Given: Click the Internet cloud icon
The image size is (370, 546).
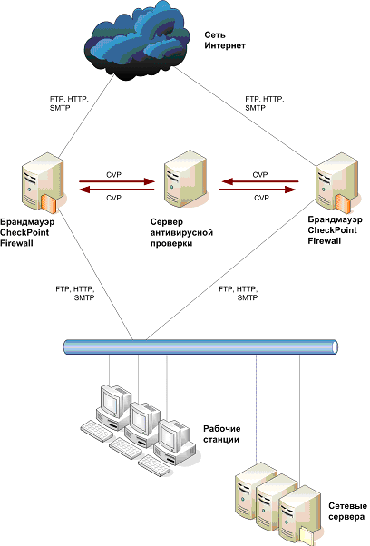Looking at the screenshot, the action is click(x=138, y=41).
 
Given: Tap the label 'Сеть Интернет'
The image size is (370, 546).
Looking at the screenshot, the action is click(x=225, y=41).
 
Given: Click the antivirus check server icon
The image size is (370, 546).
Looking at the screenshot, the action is click(x=186, y=179).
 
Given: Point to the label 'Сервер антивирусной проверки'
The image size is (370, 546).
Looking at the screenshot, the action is click(x=181, y=232).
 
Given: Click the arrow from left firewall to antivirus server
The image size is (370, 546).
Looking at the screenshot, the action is click(x=117, y=181).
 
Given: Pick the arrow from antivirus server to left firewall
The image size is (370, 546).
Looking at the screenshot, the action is click(x=117, y=190).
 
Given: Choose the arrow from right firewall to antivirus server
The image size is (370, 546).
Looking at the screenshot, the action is click(x=260, y=181).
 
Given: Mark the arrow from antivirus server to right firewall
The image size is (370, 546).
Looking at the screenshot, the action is click(x=258, y=190).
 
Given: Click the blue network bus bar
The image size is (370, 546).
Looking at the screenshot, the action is click(x=200, y=347).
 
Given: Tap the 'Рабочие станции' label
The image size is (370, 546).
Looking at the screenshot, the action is click(x=221, y=434).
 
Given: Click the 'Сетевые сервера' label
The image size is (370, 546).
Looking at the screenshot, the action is click(x=347, y=512).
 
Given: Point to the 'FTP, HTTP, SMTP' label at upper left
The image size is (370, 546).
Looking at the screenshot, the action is click(x=69, y=103).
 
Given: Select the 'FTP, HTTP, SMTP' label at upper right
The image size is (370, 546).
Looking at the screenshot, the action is click(x=265, y=103).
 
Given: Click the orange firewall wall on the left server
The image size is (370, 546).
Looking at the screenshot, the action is click(x=48, y=204).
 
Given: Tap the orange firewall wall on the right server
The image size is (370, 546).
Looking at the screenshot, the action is click(x=343, y=204).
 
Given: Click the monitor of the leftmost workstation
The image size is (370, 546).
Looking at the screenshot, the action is click(x=115, y=401).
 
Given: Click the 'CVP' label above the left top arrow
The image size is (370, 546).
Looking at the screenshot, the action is click(x=114, y=174).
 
